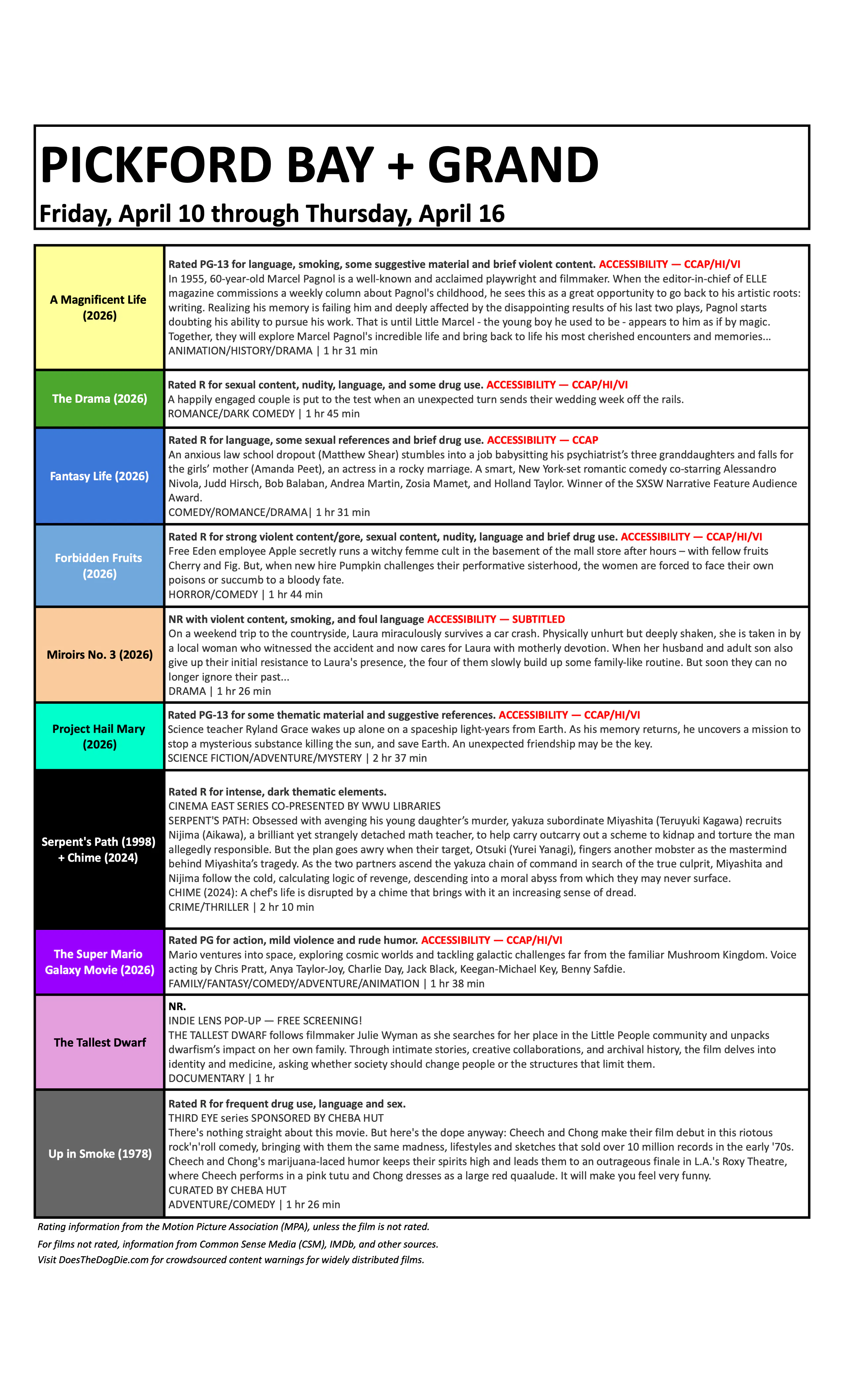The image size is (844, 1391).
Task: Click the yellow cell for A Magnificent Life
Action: (99, 308)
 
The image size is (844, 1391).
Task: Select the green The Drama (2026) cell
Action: (99, 398)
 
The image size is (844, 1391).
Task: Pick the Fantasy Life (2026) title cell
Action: (99, 476)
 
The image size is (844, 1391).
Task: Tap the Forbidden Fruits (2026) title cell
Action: (99, 566)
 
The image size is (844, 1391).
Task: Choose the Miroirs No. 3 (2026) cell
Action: (99, 654)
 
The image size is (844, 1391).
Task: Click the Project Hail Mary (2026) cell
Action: (99, 736)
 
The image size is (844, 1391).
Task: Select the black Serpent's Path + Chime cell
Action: (99, 849)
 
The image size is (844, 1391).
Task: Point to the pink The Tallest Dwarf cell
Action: (99, 1042)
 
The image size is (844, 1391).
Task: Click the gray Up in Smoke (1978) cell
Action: (99, 1153)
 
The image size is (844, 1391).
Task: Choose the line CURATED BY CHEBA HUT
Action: (227, 1190)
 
